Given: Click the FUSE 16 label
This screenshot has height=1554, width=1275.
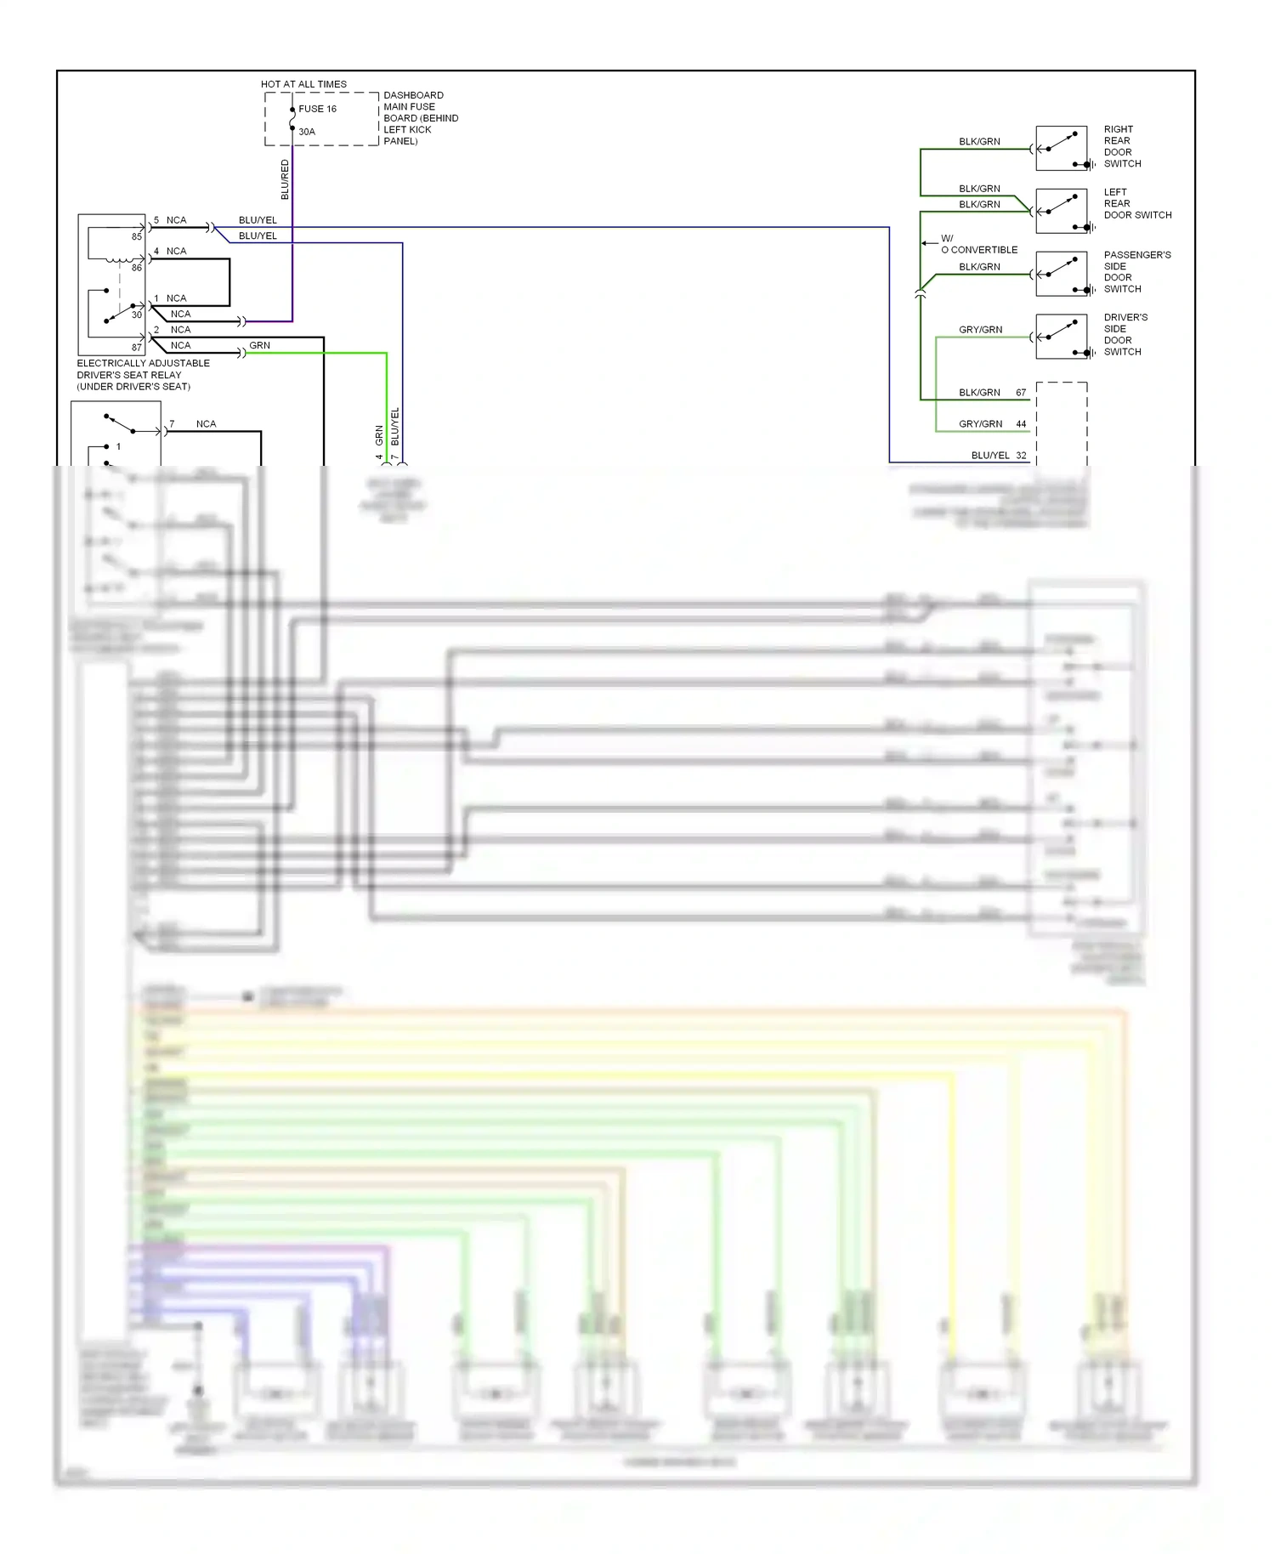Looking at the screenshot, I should coord(317,109).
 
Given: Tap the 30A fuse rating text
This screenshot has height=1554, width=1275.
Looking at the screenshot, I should coord(307,132).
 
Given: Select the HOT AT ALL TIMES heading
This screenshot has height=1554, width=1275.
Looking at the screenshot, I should coord(303,84).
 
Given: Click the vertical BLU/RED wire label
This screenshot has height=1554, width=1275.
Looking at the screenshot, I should coord(285,179).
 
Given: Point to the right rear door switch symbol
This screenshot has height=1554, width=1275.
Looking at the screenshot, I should coord(1061,148).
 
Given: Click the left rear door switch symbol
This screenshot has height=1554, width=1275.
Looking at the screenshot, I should coord(1061,211).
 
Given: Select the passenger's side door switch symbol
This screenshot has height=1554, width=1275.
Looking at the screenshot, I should coord(1061,274).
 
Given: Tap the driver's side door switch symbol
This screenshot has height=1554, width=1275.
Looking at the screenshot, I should coord(1061,337).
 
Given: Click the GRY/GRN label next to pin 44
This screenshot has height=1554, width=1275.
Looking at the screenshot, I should coord(980,423).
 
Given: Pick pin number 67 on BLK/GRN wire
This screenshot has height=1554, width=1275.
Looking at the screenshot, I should coord(1021,393).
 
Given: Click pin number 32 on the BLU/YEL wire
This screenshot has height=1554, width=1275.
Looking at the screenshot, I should coord(1021,456).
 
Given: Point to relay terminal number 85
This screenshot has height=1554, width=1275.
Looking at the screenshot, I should coord(136,237).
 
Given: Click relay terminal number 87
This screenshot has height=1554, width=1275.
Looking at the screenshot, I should coord(136,348).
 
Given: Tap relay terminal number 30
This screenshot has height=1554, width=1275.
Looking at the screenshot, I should coord(136,315).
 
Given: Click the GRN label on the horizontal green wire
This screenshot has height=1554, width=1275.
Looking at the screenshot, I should coord(259,345).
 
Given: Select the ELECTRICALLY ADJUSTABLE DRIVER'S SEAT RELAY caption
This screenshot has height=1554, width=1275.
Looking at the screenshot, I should coord(143,375).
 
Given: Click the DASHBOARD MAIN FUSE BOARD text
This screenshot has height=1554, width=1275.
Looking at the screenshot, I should coord(420,118).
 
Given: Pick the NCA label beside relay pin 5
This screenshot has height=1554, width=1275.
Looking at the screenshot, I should coord(176,220).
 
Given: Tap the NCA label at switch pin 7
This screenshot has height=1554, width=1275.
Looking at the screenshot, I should coord(206,423).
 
